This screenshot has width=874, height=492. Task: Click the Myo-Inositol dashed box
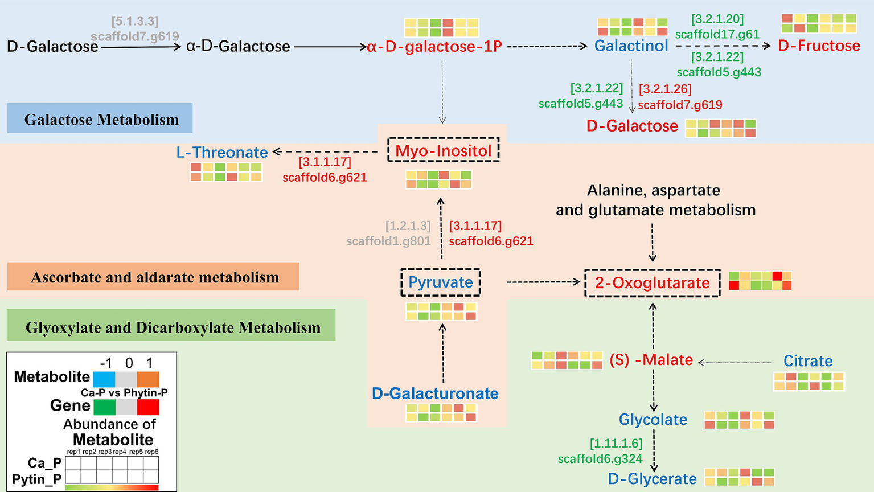point(443,150)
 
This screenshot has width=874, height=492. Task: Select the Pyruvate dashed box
point(441,282)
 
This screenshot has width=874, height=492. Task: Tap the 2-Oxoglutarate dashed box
point(653,283)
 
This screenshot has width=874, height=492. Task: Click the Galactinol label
point(631,46)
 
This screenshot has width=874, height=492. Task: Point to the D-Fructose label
point(819,46)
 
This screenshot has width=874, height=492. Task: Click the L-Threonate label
point(222,153)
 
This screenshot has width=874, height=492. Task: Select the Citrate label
point(808,361)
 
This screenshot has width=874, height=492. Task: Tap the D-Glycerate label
point(653,479)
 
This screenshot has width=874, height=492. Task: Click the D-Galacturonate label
point(435,393)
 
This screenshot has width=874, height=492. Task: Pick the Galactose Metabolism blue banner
point(100,118)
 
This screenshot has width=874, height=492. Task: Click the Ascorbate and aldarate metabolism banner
point(154,277)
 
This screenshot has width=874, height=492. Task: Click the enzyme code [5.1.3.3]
point(135,22)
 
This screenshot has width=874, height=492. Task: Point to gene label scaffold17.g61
point(717,34)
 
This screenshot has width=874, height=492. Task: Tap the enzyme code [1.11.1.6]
point(616,443)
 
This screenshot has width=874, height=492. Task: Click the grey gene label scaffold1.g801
point(388,241)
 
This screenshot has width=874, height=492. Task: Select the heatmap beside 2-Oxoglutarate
point(760,281)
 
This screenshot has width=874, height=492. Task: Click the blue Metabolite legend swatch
point(104,379)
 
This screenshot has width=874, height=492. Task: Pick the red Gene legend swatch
point(148,407)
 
